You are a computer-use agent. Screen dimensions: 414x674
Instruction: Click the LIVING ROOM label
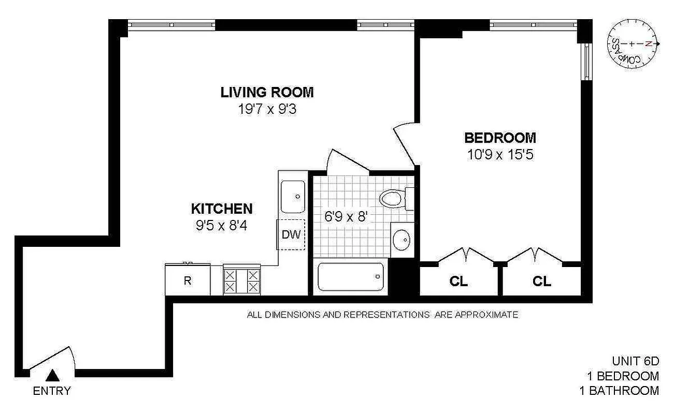click(267, 93)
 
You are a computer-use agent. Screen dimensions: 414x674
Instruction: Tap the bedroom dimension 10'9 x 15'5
click(499, 155)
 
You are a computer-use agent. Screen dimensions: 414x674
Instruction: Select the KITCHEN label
click(222, 209)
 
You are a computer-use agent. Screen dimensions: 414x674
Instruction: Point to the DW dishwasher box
click(291, 234)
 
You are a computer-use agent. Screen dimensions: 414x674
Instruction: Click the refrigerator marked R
click(188, 280)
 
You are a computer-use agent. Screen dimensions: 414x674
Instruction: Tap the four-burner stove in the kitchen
click(241, 280)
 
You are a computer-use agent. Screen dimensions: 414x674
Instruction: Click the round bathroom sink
click(401, 240)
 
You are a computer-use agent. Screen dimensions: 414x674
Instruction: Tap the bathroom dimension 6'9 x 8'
click(346, 216)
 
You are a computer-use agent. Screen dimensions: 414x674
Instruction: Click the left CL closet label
click(458, 282)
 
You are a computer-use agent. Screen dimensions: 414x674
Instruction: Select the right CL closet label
click(542, 282)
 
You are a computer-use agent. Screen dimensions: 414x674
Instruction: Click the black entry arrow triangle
click(52, 375)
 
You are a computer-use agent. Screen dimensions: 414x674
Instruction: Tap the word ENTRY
click(52, 391)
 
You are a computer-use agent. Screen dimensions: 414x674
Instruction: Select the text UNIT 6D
click(636, 361)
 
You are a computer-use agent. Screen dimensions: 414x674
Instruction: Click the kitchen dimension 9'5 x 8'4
click(221, 226)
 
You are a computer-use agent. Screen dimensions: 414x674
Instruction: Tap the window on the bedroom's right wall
click(587, 61)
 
